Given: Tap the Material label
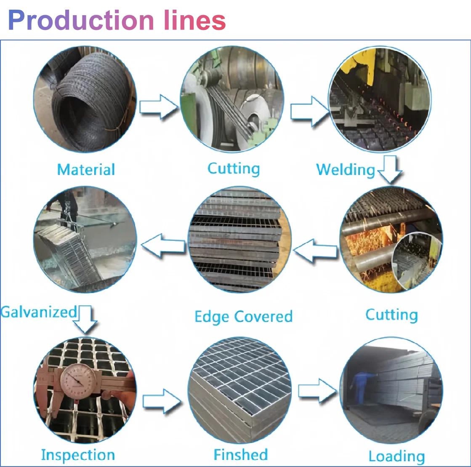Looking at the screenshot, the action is [x=86, y=170].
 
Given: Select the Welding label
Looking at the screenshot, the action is [x=345, y=170].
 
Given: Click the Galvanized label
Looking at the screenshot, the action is [x=39, y=312].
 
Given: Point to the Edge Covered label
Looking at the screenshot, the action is [x=243, y=317].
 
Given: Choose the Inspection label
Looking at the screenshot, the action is [x=78, y=455].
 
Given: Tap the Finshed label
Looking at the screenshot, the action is [x=240, y=455].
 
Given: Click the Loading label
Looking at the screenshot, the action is [x=396, y=456].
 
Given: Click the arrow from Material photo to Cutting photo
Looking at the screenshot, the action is [x=159, y=107].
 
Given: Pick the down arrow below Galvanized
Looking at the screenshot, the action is [x=85, y=320].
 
